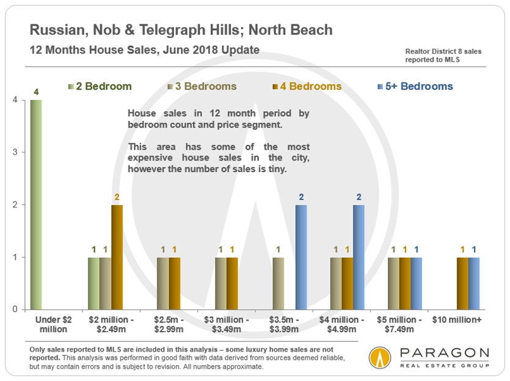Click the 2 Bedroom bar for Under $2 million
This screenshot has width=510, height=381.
(x=36, y=205)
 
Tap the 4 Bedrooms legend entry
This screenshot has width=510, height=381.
(x=307, y=86)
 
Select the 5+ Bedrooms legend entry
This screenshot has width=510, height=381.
(x=415, y=86)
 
